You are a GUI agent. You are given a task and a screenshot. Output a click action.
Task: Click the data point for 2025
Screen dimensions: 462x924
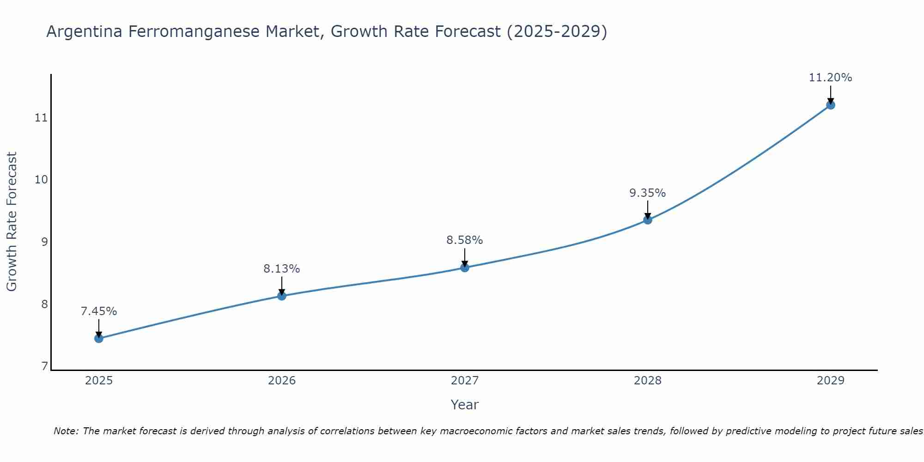(x=99, y=339)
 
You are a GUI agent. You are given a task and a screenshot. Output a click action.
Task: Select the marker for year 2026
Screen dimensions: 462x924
(x=282, y=296)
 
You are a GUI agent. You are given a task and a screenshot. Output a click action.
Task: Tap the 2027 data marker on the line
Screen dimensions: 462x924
(x=465, y=267)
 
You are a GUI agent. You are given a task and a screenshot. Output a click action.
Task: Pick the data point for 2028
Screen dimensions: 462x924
(x=648, y=220)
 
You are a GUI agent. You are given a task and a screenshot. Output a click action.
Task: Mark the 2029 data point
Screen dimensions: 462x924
(x=831, y=105)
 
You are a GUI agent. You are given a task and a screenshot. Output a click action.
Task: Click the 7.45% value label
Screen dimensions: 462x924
(x=99, y=311)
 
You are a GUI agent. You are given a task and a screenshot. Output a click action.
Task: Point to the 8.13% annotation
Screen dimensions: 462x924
(x=282, y=269)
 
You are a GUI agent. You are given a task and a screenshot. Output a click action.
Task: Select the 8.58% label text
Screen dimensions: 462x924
(x=465, y=240)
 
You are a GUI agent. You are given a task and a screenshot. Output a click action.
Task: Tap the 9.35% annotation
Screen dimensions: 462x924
(x=648, y=193)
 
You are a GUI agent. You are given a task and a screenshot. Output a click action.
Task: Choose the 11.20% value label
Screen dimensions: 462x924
(x=830, y=78)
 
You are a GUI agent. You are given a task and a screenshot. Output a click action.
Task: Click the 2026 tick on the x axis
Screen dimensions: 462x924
(x=282, y=381)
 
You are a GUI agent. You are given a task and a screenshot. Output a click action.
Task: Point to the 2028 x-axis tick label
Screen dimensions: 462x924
(x=648, y=381)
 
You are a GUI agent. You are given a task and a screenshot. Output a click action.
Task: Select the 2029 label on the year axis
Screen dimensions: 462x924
(x=831, y=381)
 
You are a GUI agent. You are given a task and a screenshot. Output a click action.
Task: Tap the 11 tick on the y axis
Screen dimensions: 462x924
(x=41, y=118)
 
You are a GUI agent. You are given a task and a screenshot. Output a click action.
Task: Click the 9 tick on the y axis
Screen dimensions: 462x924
(x=44, y=242)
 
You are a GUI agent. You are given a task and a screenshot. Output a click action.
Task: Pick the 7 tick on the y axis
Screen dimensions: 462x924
(x=44, y=367)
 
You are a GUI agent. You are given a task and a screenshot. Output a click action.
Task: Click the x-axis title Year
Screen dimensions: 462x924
(x=464, y=405)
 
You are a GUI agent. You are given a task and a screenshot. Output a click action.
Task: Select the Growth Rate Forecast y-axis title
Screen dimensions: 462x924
(x=12, y=222)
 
